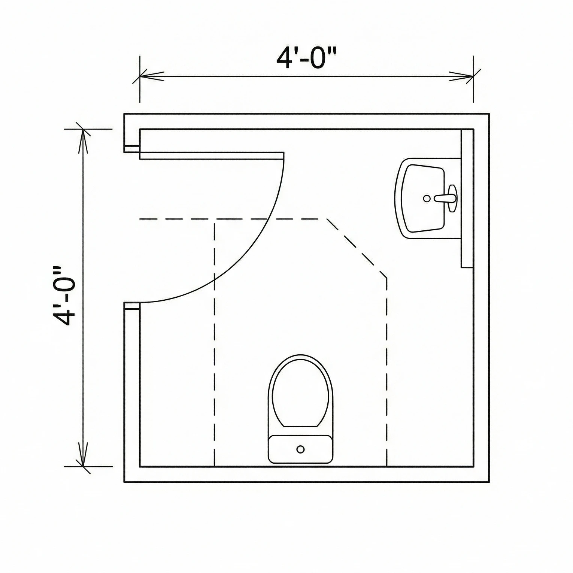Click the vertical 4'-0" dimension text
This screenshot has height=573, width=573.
63,296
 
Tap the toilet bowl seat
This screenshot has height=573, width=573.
301,391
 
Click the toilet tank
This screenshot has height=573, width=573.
300,449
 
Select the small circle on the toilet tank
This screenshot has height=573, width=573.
300,449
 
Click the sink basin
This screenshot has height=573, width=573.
421,198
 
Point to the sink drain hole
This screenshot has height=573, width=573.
427,198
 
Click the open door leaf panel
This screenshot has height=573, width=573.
212,156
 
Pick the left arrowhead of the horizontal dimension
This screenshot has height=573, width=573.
150,76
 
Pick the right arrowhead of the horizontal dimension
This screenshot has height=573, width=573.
463,76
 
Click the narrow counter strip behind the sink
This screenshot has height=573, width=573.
467,198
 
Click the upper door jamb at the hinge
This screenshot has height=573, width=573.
131,149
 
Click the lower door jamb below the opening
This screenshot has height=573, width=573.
131,306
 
